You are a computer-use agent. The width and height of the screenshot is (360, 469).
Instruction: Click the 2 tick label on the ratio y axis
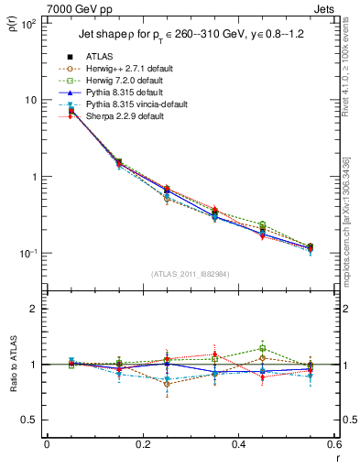tap(32, 309)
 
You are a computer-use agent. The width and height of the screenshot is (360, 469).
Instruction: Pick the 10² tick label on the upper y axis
tap(27, 23)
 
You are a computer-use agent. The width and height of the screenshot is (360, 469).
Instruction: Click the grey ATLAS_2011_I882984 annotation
tap(190, 274)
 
